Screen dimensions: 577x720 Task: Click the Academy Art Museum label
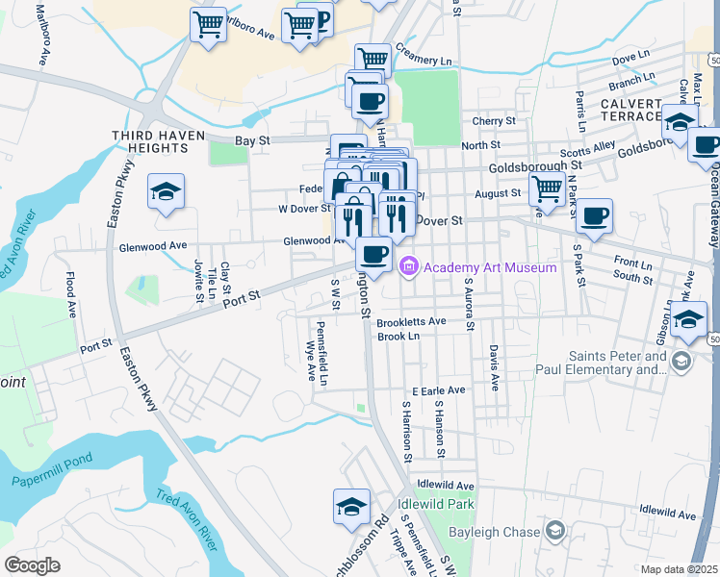click(490, 266)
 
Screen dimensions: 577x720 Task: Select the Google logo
click(32, 565)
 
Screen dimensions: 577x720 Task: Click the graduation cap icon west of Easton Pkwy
click(166, 192)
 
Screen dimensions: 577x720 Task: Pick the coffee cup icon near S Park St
click(595, 215)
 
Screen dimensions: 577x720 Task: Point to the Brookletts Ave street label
click(411, 321)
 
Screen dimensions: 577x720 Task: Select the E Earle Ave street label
click(438, 390)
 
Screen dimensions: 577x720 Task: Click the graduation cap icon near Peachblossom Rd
click(351, 506)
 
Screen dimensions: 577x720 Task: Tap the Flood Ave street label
click(71, 295)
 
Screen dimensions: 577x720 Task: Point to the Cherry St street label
click(495, 121)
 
